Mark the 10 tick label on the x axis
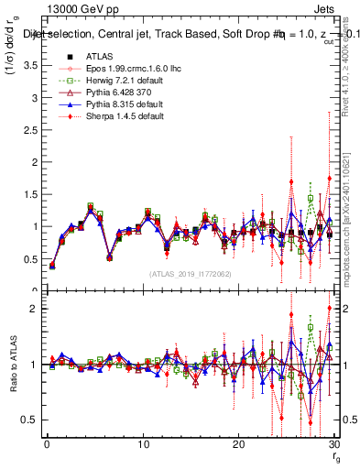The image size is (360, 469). click(143, 444)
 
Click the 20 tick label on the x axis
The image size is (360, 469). click(238, 444)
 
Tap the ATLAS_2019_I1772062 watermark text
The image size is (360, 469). click(189, 274)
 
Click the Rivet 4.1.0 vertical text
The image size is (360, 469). click(352, 55)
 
